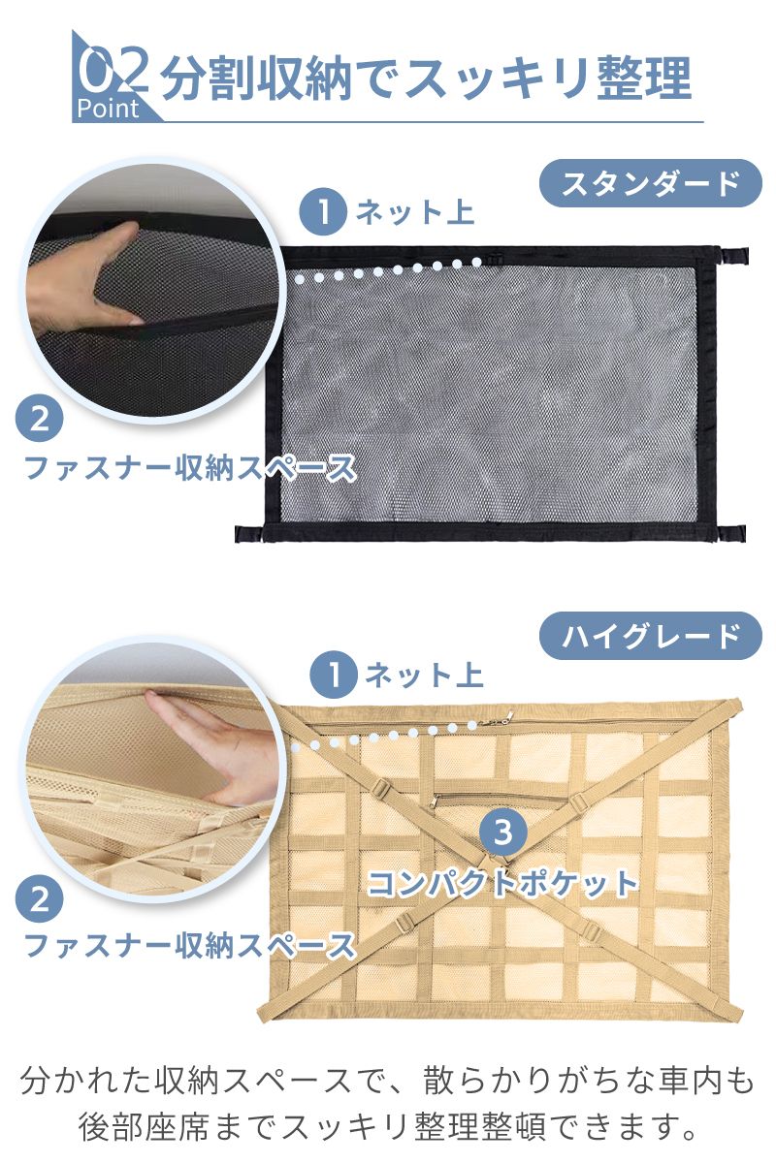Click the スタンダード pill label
[650, 183]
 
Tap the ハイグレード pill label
[650, 636]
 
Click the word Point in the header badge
[108, 109]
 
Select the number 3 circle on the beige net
[502, 832]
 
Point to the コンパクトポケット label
[502, 883]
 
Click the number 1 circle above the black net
[323, 211]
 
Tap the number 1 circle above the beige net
[333, 675]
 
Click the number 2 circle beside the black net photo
[40, 419]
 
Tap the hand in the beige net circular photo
[218, 743]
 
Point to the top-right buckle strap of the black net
[734, 256]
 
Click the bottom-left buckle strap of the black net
[250, 534]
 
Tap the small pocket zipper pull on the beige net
[433, 802]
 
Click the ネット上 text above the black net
[415, 212]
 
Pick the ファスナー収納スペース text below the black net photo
[190, 467]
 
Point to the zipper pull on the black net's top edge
[496, 259]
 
